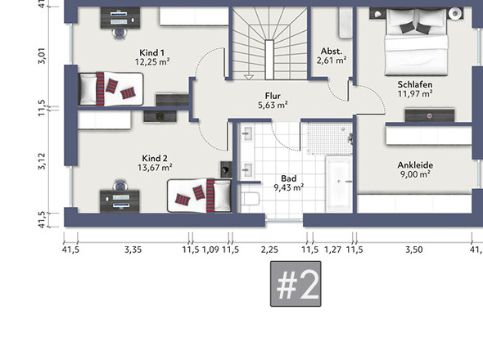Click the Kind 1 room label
(151, 52)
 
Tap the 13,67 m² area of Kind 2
(155, 168)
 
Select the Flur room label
(273, 96)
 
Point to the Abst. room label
(331, 51)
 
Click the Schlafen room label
(414, 84)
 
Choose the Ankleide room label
(415, 165)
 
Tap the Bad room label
(289, 178)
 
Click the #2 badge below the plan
(296, 284)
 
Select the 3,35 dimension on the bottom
(133, 250)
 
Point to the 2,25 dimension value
(269, 250)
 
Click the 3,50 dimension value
(413, 250)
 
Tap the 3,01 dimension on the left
(42, 56)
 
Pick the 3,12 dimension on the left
(42, 161)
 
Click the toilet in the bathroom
(251, 199)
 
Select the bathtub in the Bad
(339, 184)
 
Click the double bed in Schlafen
(416, 42)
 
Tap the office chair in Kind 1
(120, 34)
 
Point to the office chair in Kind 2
(120, 185)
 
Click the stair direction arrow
(249, 77)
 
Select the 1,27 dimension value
(332, 250)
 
